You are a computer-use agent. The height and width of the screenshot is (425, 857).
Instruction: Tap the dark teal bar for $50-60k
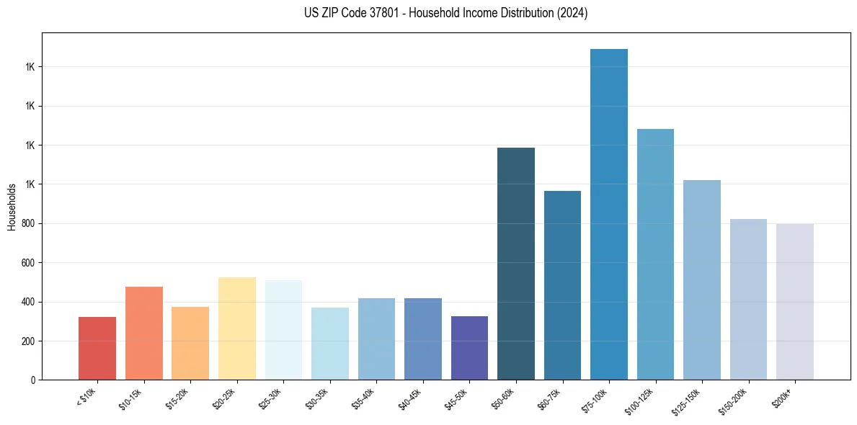click(515, 264)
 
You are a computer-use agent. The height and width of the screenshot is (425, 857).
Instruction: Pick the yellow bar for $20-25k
click(236, 328)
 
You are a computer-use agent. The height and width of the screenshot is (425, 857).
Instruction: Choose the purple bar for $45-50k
click(469, 348)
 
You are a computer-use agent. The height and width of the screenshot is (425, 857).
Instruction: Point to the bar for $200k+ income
click(794, 302)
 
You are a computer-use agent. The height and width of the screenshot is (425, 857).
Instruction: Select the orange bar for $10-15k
click(143, 333)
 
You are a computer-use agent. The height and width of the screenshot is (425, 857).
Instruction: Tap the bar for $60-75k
click(562, 285)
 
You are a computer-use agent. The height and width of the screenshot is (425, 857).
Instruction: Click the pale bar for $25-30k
click(283, 330)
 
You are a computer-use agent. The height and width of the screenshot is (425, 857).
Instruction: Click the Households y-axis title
click(12, 207)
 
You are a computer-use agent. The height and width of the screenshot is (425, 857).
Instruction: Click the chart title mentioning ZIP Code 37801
click(445, 13)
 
